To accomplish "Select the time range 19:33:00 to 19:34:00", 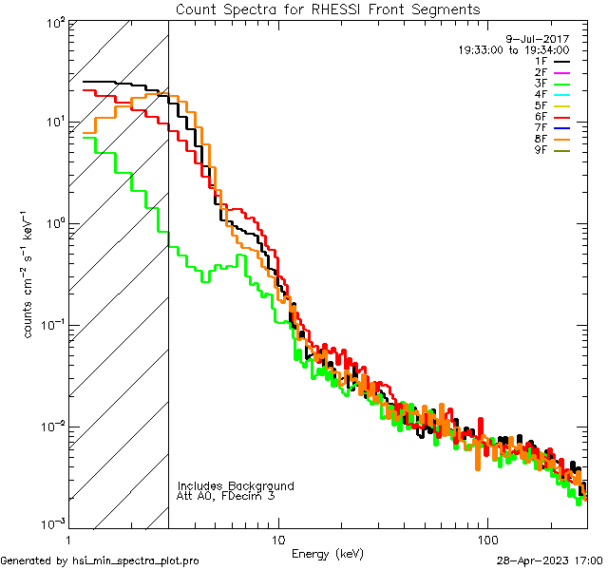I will [x=513, y=50].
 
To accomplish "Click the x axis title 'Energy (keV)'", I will [x=328, y=553].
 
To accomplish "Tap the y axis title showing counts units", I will [x=30, y=274].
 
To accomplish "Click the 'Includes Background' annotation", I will [x=236, y=485].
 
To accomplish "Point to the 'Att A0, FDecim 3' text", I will [x=226, y=496].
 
